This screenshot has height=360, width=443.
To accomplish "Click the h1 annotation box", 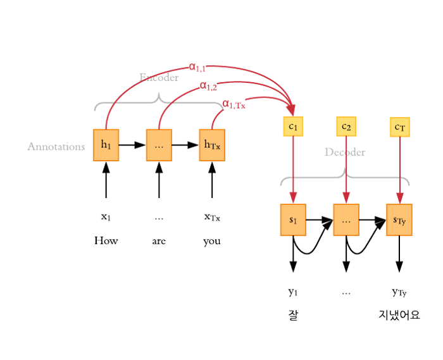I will click(106, 145).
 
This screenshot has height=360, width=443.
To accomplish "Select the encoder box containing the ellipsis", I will click(159, 145).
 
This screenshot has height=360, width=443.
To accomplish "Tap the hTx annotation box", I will click(212, 145).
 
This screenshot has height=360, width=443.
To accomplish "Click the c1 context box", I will click(293, 127).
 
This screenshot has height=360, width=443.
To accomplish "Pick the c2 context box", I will click(346, 127).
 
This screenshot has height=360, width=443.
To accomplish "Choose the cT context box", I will click(400, 128).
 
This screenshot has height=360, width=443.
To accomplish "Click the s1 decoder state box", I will click(293, 220).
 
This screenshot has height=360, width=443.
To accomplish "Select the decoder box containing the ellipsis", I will click(346, 220).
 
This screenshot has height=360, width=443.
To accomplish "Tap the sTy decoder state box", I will click(399, 220).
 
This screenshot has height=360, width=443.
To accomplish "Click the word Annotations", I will click(56, 147).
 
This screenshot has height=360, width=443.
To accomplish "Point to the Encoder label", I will click(159, 78).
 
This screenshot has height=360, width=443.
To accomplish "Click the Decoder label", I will click(345, 152).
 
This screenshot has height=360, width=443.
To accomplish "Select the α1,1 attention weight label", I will click(197, 65).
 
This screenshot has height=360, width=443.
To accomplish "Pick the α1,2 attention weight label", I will click(208, 85).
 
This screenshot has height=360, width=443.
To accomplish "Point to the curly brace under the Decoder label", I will click(345, 177).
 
